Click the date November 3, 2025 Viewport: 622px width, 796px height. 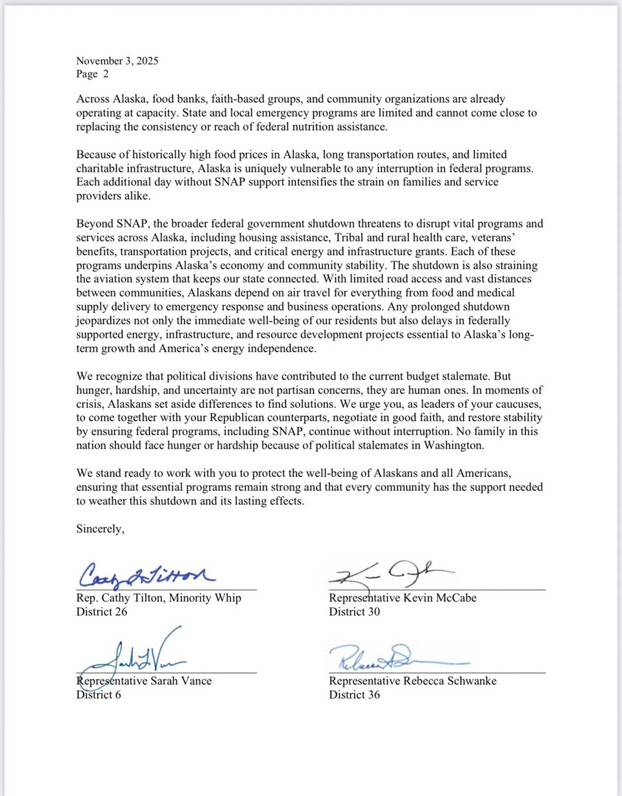click(x=117, y=62)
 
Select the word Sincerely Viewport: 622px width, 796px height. click(x=100, y=529)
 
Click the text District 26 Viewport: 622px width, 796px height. click(x=102, y=612)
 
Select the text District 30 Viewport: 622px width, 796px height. click(x=354, y=612)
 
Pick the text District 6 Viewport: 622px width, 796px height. click(x=99, y=695)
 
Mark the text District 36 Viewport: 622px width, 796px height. click(x=354, y=695)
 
